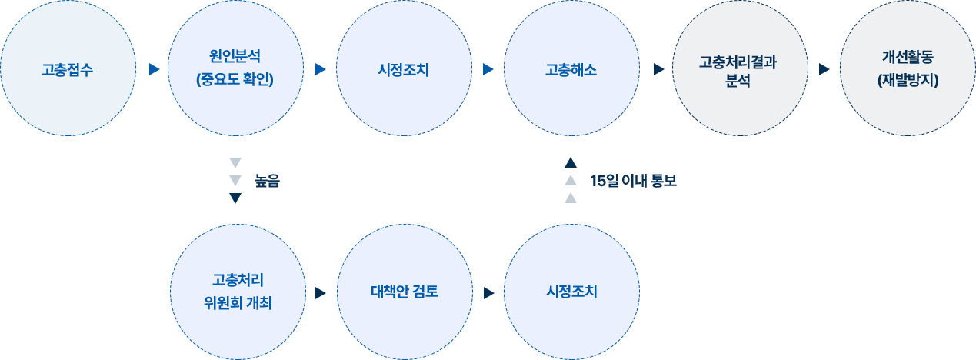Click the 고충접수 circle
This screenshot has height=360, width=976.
point(68,68)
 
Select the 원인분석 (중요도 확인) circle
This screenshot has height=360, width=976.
point(235,68)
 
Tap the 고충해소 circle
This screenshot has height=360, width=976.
point(571,68)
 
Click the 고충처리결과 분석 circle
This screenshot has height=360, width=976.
point(740,68)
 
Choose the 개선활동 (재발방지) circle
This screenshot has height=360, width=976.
point(908,68)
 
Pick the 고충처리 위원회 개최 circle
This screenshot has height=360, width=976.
point(238,292)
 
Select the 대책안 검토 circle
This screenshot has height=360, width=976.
point(405,292)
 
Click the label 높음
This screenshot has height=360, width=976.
point(267,181)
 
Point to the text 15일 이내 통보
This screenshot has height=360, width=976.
point(633,181)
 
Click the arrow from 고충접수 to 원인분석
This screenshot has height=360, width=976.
point(155,69)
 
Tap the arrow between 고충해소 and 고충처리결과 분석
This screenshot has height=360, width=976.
point(659,69)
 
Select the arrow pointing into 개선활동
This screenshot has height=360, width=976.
point(824,69)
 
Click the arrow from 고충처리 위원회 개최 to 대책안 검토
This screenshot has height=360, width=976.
point(321,293)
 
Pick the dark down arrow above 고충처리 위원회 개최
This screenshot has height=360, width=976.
point(235,198)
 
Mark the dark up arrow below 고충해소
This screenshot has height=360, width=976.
point(571,162)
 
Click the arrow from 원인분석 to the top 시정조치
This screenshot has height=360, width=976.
point(321,69)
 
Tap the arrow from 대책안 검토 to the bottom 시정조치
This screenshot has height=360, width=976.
point(489,293)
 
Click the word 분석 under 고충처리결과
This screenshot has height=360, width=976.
point(738,81)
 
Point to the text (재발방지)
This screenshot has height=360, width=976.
point(908,80)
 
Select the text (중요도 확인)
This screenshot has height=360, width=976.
point(235,80)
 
